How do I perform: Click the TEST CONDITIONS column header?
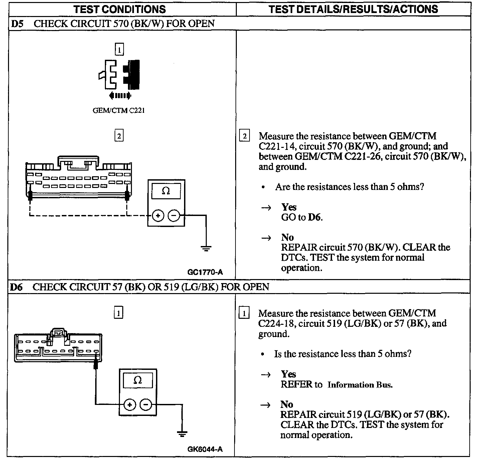[119, 9]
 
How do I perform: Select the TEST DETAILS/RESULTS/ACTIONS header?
[353, 9]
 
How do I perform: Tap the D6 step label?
[16, 287]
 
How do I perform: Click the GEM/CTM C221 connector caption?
[119, 110]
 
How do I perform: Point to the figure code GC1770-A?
[205, 272]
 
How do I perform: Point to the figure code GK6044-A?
[205, 449]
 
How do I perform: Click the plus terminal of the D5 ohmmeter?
[158, 216]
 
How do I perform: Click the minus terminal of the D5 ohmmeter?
[174, 216]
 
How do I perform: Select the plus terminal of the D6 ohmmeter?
[130, 405]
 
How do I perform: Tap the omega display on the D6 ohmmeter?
[138, 381]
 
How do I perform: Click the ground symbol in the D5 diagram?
[206, 248]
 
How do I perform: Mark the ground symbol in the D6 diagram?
[182, 434]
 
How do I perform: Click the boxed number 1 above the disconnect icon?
[119, 50]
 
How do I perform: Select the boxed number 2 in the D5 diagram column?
[119, 136]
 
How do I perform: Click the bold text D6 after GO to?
[315, 217]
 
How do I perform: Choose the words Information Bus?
[360, 385]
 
